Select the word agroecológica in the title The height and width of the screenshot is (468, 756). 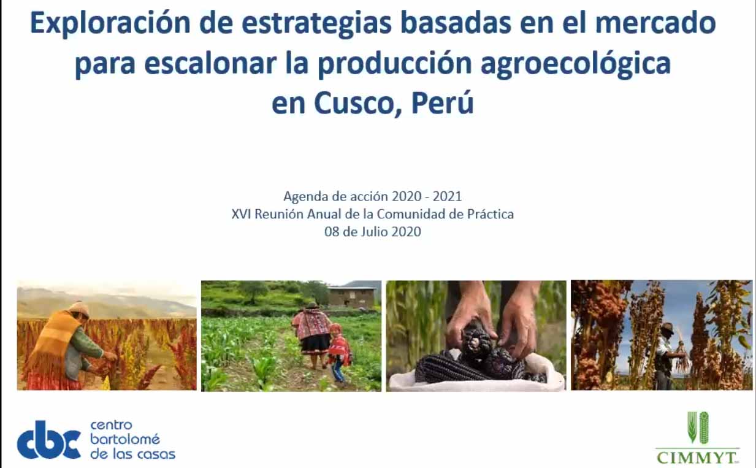576,64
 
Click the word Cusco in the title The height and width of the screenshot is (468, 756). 357,102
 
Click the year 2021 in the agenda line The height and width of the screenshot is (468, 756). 447,196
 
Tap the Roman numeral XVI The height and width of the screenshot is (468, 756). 242,214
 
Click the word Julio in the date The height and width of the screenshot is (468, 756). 373,232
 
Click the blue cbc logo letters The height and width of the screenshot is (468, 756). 48,440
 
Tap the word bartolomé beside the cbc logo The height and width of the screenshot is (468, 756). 125,439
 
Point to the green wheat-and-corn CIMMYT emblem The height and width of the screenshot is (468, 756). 698,427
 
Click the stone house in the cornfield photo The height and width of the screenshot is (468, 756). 352,296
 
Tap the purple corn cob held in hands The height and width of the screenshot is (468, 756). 476,342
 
